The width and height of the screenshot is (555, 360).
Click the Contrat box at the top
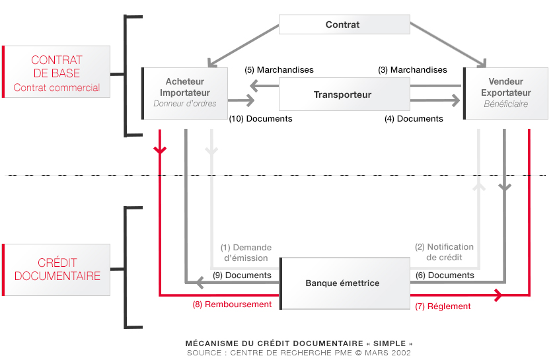coord(343,25)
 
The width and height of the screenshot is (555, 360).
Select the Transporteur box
coord(343,94)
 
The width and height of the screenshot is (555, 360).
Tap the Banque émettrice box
coord(343,283)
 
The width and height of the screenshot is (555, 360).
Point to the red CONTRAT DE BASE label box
coord(57,72)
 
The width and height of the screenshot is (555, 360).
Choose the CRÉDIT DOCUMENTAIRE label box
coord(57,270)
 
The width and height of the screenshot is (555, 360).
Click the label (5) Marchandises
coord(279,70)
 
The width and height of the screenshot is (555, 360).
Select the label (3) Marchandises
coord(412,70)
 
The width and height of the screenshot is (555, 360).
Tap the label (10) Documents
coord(260,119)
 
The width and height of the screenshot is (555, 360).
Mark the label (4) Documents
coord(414,119)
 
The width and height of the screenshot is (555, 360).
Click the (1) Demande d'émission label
coord(246,253)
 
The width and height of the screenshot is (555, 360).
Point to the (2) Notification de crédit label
coord(444,252)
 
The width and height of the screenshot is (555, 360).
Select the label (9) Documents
coord(242,275)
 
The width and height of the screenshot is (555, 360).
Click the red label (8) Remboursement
coord(232,305)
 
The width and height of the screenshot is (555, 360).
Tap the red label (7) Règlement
coord(442,306)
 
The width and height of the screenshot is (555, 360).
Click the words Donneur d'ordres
coord(185,104)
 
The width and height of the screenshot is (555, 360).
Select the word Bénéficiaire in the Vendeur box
coord(505,104)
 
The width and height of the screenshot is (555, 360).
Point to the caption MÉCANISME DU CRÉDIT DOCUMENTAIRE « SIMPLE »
coord(299,343)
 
